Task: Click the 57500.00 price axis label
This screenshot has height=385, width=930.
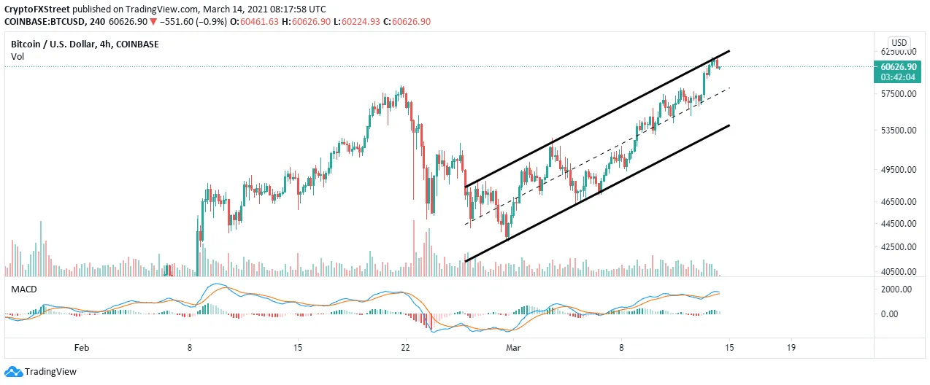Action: [x=899, y=94]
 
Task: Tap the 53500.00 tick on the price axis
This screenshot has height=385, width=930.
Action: [x=899, y=131]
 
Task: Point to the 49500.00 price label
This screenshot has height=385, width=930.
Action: [x=899, y=170]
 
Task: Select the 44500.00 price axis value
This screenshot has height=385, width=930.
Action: [x=899, y=224]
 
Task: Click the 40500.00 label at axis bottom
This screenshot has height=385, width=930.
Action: [x=899, y=272]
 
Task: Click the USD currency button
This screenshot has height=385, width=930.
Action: [x=899, y=43]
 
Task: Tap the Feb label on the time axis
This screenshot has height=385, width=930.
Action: [x=81, y=348]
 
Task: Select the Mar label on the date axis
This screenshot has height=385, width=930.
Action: [x=513, y=348]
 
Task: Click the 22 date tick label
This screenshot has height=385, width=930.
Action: [x=405, y=348]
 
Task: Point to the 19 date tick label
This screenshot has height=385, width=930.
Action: [x=791, y=348]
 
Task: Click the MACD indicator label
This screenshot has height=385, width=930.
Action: [x=23, y=289]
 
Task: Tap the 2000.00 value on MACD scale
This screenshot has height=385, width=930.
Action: [x=896, y=289]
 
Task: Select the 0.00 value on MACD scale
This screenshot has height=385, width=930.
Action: [x=889, y=314]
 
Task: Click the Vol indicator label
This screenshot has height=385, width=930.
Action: [x=18, y=57]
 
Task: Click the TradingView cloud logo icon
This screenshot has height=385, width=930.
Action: [x=14, y=371]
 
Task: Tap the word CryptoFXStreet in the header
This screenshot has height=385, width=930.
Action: [x=37, y=9]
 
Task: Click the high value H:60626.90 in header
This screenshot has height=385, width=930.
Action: [x=307, y=22]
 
